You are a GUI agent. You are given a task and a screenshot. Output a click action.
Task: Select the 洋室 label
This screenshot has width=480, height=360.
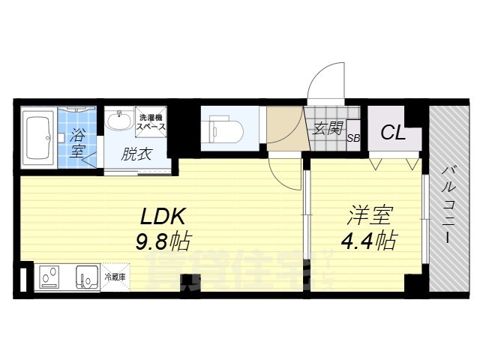368,216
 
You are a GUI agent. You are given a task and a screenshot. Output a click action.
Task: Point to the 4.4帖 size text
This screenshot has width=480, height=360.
368,241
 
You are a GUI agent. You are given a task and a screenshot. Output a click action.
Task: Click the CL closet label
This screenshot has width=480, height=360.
393,135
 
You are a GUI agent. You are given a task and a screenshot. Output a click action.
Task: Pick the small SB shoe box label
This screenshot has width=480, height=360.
353,138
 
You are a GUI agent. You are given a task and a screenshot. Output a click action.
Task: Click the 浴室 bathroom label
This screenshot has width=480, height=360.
78,143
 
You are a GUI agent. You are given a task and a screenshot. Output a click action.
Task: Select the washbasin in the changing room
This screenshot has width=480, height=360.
118,121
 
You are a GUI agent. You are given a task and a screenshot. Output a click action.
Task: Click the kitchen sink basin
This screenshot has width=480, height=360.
87,278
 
